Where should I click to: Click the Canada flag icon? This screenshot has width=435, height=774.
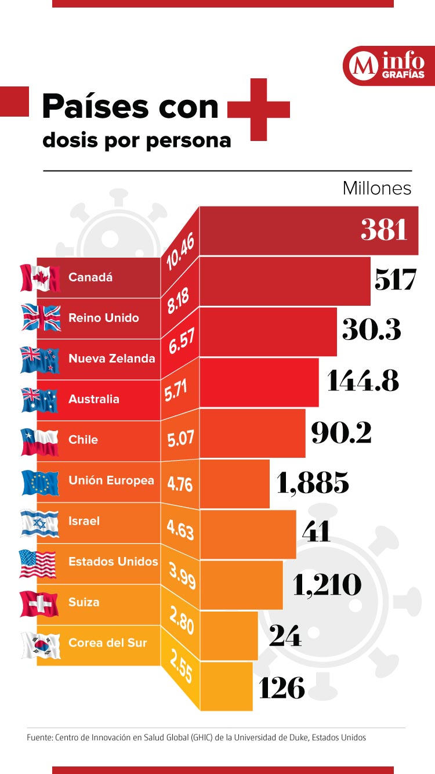point(40,278)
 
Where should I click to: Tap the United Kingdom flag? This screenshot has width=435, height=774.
point(40,318)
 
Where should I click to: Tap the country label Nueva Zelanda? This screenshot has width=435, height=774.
point(111,359)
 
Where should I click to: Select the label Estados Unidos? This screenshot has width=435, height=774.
point(113,562)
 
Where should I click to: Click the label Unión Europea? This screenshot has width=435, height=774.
point(111,480)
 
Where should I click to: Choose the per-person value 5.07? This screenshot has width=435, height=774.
point(180,439)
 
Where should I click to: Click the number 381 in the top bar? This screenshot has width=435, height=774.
point(384,230)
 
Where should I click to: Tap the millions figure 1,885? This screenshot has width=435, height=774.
point(313,483)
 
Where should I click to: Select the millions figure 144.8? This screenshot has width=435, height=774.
point(363,381)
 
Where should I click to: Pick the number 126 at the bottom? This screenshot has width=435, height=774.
point(281,688)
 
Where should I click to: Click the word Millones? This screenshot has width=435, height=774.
point(377,189)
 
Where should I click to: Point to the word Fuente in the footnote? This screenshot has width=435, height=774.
point(39,737)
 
